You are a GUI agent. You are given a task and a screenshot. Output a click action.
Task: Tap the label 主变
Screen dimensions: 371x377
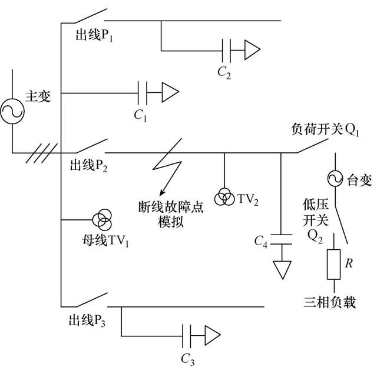(38, 96)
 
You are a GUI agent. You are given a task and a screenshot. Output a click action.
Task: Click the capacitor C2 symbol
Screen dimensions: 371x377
(225, 50)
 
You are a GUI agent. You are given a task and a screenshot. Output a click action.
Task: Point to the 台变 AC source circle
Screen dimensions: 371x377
(334, 178)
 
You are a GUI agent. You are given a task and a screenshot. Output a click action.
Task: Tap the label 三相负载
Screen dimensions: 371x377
(330, 303)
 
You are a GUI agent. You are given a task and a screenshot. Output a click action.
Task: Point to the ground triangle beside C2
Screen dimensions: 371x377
(252, 50)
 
